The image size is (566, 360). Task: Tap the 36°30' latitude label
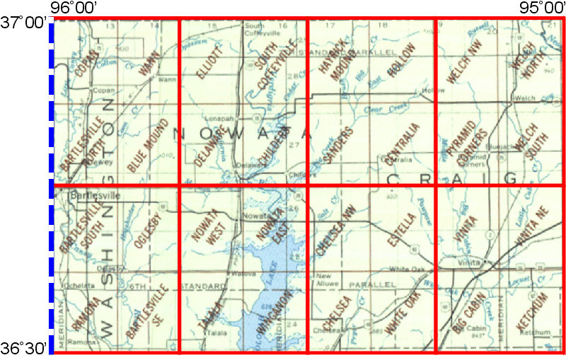click(24, 348)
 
